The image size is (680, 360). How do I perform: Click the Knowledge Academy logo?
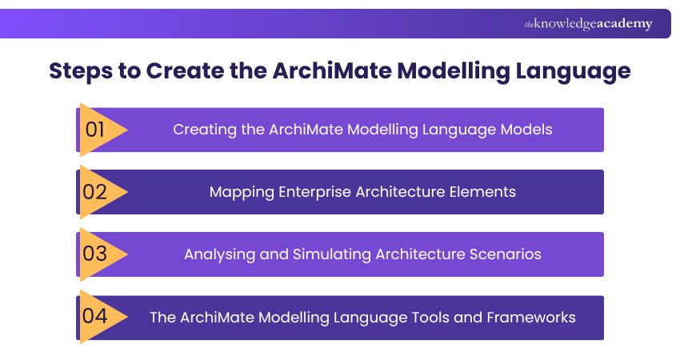[x=588, y=24]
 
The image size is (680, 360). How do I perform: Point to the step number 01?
[x=94, y=129]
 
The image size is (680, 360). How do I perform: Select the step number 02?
[x=94, y=192]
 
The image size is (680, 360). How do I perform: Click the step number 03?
[x=94, y=254]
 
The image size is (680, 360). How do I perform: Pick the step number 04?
[x=94, y=316]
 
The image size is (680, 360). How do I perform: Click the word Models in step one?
[x=525, y=129]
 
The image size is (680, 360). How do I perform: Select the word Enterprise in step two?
[x=312, y=192]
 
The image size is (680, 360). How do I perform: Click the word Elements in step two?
[x=487, y=192]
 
